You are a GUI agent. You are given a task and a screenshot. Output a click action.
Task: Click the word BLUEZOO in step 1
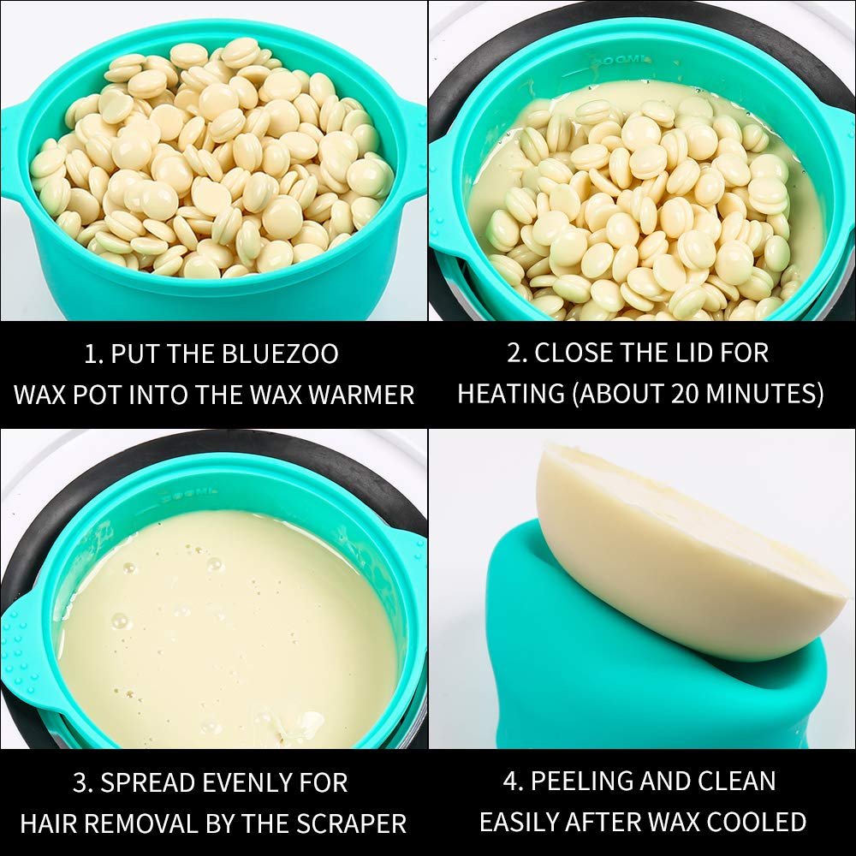click(x=280, y=354)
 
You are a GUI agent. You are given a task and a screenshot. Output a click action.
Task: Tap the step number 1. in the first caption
click(x=93, y=354)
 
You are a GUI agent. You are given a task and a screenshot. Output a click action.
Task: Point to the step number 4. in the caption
click(x=514, y=782)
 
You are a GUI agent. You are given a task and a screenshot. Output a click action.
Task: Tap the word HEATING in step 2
click(x=511, y=394)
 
